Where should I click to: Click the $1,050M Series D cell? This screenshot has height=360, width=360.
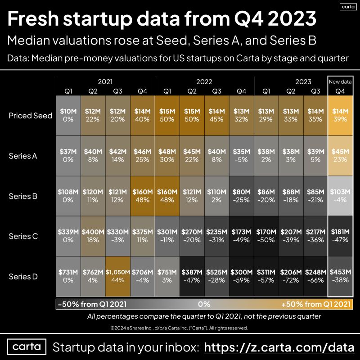pyautogui.click(x=118, y=276)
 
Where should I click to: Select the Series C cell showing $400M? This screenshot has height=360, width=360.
pyautogui.click(x=93, y=236)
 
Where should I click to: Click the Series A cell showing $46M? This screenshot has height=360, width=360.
pyautogui.click(x=143, y=155)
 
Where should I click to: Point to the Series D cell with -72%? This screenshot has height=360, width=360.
pyautogui.click(x=291, y=276)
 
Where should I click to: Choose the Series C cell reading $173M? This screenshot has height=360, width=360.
pyautogui.click(x=242, y=236)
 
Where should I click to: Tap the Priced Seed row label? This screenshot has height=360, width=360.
pyautogui.click(x=31, y=115)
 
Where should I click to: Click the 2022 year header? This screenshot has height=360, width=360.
pyautogui.click(x=204, y=82)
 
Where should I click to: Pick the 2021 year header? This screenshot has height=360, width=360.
pyautogui.click(x=105, y=82)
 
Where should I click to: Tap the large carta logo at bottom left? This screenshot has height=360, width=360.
pyautogui.click(x=27, y=347)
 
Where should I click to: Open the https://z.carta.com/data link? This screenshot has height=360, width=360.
pyautogui.click(x=278, y=347)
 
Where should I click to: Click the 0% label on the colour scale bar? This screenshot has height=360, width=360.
pyautogui.click(x=204, y=304)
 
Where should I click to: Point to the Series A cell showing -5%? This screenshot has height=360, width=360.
pyautogui.click(x=242, y=155)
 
